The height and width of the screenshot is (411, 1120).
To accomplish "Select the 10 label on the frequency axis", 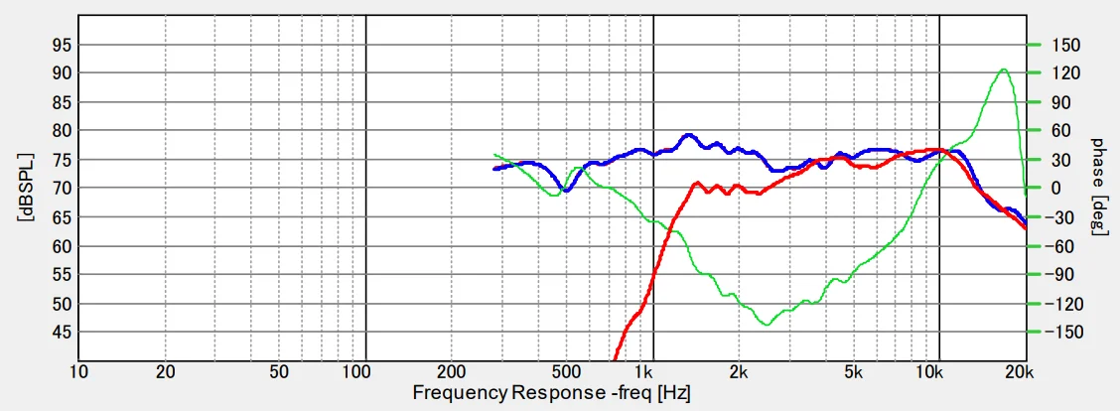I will [78, 372].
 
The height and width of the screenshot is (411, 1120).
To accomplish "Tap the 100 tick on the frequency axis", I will [355, 372].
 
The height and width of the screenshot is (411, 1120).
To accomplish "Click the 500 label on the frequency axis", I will [565, 372].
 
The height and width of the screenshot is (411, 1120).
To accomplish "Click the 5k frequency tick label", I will [853, 372].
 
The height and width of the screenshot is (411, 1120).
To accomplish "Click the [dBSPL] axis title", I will [24, 189].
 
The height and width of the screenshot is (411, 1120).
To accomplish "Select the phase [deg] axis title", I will [1098, 189].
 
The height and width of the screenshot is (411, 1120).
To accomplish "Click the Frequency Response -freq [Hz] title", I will [552, 393].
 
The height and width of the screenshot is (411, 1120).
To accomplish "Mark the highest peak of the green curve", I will [1005, 69].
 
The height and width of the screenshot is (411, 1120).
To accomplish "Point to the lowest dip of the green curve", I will [766, 325].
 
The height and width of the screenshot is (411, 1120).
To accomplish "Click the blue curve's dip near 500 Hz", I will [566, 190].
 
